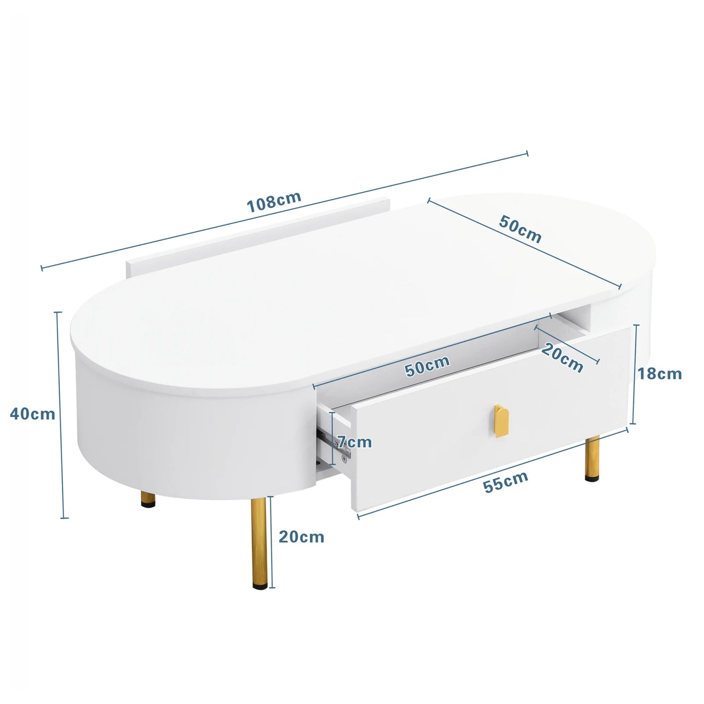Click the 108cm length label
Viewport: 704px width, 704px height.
tap(274, 202)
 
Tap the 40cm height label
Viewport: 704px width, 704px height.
tap(33, 414)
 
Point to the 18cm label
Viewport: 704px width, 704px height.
tap(660, 374)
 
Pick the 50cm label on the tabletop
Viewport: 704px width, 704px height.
tap(520, 228)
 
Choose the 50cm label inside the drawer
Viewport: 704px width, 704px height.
tap(427, 366)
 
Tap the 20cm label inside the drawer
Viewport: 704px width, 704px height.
tap(562, 358)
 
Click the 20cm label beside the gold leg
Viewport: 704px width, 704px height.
tap(301, 536)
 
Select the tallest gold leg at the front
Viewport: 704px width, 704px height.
tap(258, 541)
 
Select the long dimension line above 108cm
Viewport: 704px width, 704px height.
tap(285, 210)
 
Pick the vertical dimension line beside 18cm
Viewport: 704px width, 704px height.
tap(634, 374)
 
